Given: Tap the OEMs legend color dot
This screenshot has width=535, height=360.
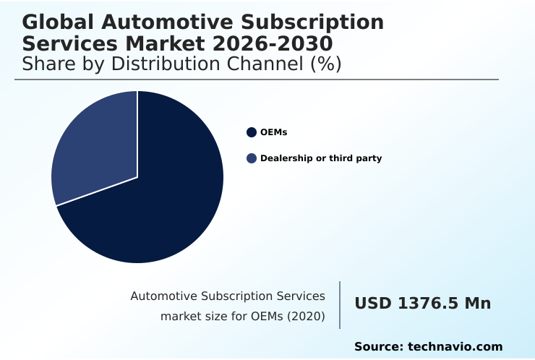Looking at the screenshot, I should (x=252, y=132).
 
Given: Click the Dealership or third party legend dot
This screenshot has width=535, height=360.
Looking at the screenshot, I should (x=252, y=158).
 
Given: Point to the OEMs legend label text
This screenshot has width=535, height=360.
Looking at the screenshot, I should (x=273, y=132).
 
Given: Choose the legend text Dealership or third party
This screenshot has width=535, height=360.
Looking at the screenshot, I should (x=320, y=158).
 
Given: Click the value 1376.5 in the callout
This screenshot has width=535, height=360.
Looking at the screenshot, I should (x=427, y=304).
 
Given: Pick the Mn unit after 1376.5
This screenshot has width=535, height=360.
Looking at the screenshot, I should (x=477, y=304).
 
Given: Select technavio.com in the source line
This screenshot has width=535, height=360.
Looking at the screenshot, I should (x=455, y=347).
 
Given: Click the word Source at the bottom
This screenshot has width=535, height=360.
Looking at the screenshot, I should (x=377, y=347).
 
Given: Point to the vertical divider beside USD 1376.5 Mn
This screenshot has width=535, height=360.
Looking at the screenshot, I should (x=340, y=305).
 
